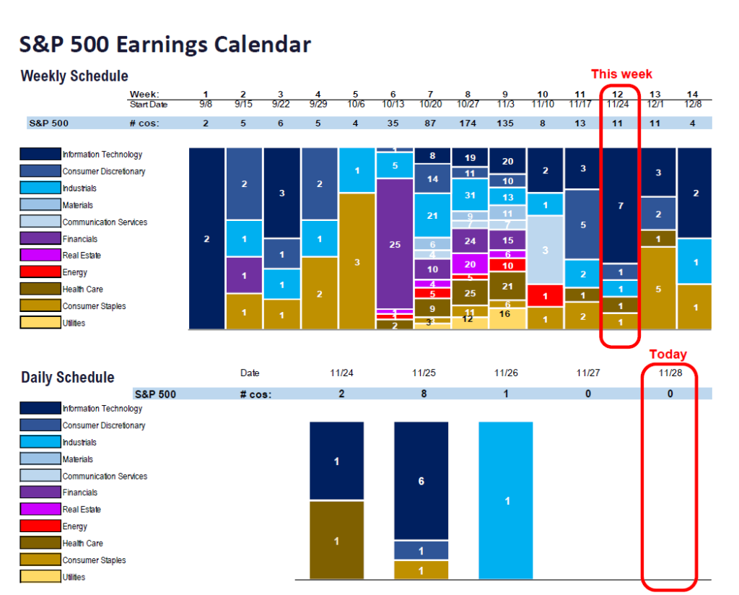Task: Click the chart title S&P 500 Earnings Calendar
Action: pyautogui.click(x=165, y=44)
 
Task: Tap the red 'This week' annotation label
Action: pyautogui.click(x=621, y=74)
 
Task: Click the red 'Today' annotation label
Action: pyautogui.click(x=668, y=355)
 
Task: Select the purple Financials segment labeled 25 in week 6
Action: pyautogui.click(x=395, y=244)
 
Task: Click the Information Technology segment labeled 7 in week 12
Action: pyautogui.click(x=620, y=206)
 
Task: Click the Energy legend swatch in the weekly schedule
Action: pyautogui.click(x=40, y=272)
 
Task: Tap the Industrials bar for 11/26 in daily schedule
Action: pyautogui.click(x=506, y=500)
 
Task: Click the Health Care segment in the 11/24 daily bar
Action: pyautogui.click(x=336, y=540)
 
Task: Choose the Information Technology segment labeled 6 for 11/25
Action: pyautogui.click(x=421, y=481)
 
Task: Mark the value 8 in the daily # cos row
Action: pyautogui.click(x=424, y=394)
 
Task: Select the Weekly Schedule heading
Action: pyautogui.click(x=74, y=76)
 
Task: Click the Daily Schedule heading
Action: pyautogui.click(x=67, y=377)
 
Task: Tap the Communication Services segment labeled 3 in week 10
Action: pyautogui.click(x=545, y=250)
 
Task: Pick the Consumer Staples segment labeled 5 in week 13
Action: pyautogui.click(x=657, y=288)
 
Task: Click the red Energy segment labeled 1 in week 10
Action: pyautogui.click(x=545, y=295)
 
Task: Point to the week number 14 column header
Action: pyautogui.click(x=694, y=95)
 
